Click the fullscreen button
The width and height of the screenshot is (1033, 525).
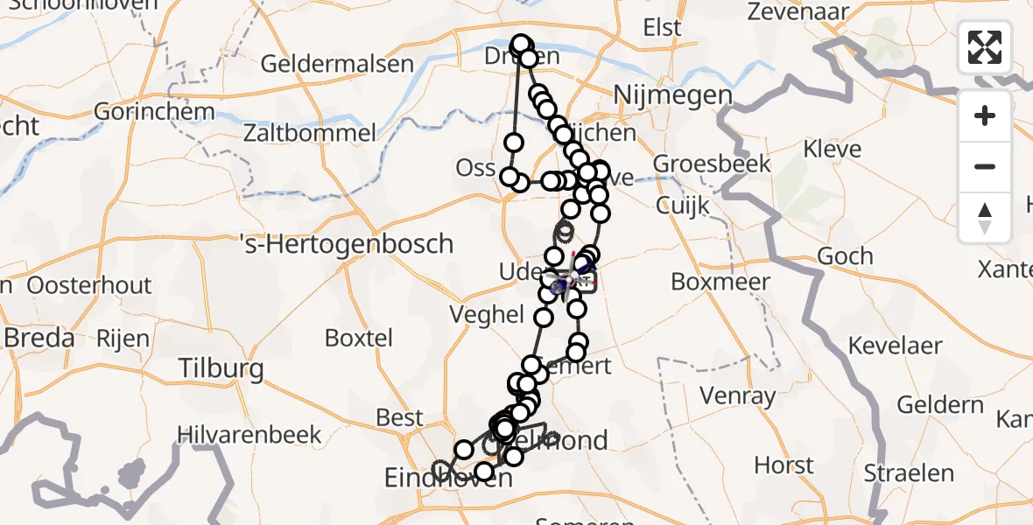(985, 47)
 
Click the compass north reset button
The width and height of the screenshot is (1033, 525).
(985, 218)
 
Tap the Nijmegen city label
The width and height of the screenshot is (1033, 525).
(673, 94)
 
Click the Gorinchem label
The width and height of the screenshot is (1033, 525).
(154, 112)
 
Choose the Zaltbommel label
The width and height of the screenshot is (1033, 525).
(310, 133)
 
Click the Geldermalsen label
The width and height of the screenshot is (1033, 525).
(337, 64)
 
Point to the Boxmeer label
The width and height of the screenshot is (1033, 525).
(720, 282)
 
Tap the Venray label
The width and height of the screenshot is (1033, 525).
(739, 395)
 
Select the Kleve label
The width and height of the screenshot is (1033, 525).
(833, 149)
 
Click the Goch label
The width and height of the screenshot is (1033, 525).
(845, 255)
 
